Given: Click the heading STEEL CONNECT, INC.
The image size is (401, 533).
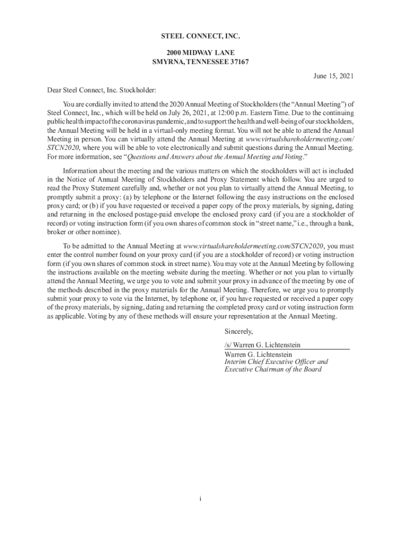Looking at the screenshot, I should (200, 36).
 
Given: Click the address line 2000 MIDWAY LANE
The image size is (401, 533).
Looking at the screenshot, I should (200, 53).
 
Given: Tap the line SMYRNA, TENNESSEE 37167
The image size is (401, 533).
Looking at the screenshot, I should (200, 62).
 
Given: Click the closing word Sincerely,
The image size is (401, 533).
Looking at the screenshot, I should (239, 331).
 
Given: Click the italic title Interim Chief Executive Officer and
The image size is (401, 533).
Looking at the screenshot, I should (276, 362).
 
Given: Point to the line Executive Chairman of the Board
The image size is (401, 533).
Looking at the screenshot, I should (272, 370).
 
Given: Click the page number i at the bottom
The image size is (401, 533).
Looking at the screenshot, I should (200, 499).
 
